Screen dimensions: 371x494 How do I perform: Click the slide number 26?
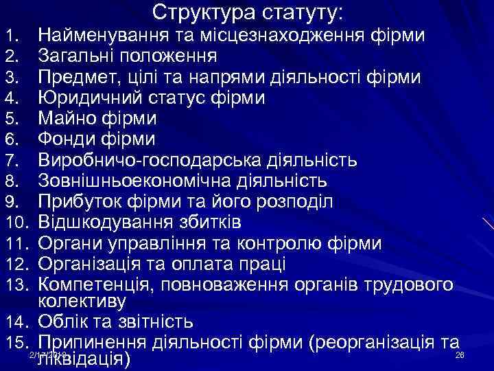pyautogui.click(x=460, y=355)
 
